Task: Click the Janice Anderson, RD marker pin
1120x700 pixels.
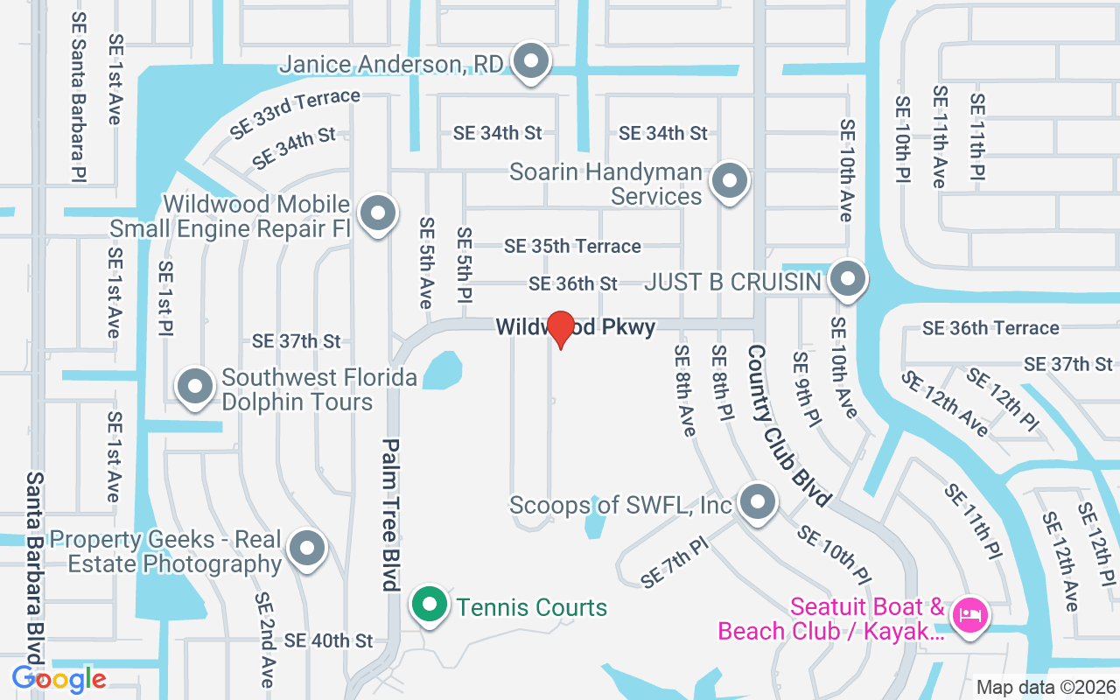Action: coord(530,62)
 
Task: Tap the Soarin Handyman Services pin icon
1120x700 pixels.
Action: coord(729,182)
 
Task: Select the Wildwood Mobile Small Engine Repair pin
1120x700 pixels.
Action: coord(378,213)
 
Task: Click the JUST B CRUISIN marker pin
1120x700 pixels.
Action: coord(846,280)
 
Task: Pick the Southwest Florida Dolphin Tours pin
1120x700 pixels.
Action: coord(195,386)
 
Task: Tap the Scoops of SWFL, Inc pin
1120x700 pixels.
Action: coord(757,502)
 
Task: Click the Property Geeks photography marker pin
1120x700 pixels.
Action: coord(306,549)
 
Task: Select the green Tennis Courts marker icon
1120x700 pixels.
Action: coord(428,605)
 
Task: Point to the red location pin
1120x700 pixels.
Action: coord(560,327)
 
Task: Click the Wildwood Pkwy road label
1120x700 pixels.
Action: coord(575,327)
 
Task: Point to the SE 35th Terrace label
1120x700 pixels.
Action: coord(572,247)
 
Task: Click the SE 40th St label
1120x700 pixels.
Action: coord(328,640)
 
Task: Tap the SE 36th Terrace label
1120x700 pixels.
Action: coord(990,328)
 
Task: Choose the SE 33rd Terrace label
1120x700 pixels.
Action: coord(295,113)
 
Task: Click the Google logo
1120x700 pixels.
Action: coord(59,679)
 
